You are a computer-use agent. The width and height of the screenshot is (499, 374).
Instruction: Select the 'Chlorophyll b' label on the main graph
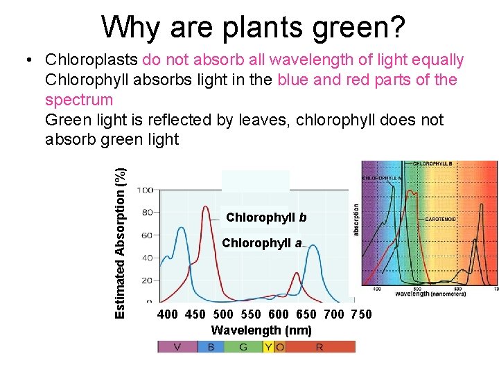(x=266, y=217)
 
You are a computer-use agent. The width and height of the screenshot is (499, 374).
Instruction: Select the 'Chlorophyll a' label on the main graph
(x=261, y=243)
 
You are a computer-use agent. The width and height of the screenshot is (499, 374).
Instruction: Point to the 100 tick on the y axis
(x=145, y=190)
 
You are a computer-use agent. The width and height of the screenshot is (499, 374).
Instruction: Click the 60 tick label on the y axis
(x=147, y=235)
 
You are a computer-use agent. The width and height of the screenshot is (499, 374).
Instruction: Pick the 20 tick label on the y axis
(x=147, y=280)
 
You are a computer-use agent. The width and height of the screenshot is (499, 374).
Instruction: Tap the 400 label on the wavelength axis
(x=168, y=314)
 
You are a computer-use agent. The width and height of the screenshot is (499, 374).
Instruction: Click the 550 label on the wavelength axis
(x=252, y=314)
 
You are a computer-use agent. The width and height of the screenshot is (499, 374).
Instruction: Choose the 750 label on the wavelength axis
(x=361, y=314)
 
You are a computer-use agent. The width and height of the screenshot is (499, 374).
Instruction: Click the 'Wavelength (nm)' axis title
(x=261, y=330)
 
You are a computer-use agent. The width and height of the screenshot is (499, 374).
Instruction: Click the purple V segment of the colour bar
(x=177, y=346)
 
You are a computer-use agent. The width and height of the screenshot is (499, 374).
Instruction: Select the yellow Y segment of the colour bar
(x=268, y=346)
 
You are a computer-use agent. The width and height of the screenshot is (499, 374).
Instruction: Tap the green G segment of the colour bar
(x=243, y=346)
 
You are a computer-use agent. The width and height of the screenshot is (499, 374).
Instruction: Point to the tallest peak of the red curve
(x=206, y=208)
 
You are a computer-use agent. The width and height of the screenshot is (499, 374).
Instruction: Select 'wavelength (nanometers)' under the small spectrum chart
(x=430, y=294)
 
